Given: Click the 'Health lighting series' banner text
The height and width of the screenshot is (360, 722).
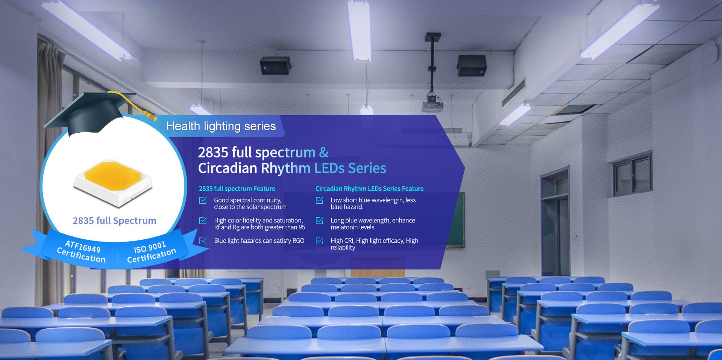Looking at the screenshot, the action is (221, 126).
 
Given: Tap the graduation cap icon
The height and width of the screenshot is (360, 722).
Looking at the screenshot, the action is (94, 113).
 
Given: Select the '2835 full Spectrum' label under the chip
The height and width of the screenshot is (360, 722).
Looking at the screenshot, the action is (114, 221).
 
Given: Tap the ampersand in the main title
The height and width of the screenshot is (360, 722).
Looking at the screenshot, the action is (324, 152).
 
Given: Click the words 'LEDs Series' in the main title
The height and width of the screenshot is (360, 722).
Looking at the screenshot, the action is (350, 168).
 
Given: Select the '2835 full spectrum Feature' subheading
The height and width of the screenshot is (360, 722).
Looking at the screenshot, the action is (237, 189).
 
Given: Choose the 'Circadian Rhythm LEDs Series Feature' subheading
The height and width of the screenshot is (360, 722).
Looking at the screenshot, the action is (370, 189).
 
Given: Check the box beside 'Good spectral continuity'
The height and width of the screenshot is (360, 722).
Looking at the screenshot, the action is (203, 200).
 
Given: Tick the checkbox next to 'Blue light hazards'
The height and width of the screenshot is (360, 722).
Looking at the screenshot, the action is (203, 241).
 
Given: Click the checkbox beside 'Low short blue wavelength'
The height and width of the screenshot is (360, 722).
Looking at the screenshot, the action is (319, 200).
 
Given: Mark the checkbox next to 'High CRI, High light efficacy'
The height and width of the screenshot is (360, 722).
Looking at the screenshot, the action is (319, 241).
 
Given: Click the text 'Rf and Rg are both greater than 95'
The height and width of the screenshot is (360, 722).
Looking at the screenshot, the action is (259, 227).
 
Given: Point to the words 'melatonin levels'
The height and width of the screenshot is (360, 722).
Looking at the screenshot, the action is (352, 227).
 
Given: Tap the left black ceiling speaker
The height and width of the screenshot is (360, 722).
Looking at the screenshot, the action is (275, 65).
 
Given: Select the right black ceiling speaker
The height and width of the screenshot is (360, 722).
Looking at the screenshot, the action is (472, 65).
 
